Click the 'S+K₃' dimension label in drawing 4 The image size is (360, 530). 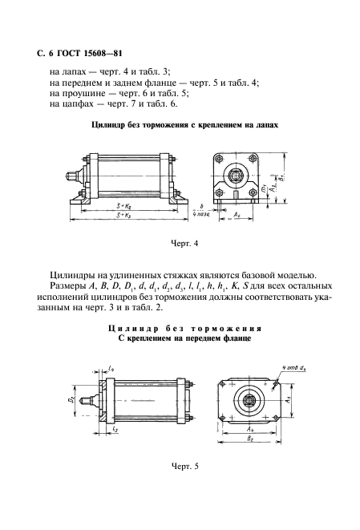[124, 216]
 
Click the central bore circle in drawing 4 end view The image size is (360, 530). [237, 173]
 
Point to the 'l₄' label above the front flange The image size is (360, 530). [109, 368]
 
